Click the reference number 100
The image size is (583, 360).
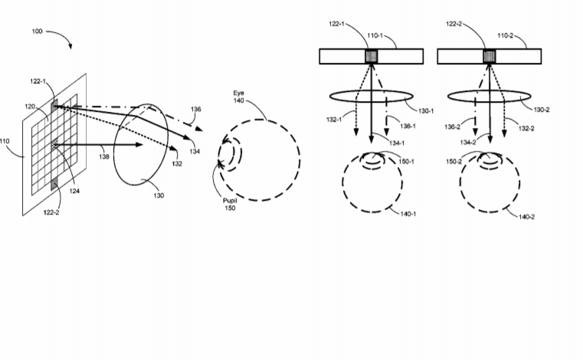tap(38, 31)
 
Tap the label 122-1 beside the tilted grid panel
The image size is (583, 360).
tap(38, 81)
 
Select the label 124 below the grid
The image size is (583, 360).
tap(74, 191)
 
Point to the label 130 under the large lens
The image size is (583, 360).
tap(159, 195)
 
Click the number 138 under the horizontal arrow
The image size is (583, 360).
tap(104, 156)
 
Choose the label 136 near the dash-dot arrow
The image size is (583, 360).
tap(196, 110)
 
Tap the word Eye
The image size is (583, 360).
tap(239, 93)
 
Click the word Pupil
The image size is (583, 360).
tap(230, 201)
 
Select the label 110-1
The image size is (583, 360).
tap(375, 36)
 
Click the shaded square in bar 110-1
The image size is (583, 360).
tap(372, 57)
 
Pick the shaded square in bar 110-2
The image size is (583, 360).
tap(490, 57)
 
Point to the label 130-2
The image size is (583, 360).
tap(542, 110)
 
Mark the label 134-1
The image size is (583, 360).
tap(397, 143)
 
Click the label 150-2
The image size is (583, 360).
tap(454, 162)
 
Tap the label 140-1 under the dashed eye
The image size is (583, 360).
tap(408, 214)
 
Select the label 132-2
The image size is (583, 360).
tap(526, 129)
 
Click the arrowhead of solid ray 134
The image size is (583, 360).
tap(187, 137)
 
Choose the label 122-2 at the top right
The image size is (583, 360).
tap(454, 25)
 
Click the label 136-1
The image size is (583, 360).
tap(408, 126)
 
